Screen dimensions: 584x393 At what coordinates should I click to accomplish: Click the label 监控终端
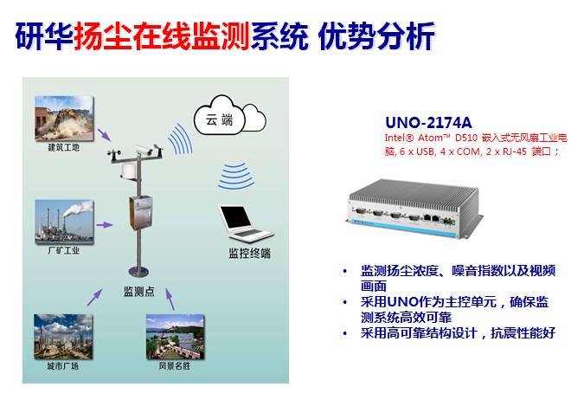click(249, 254)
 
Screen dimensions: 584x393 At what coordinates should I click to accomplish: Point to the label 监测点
click(139, 292)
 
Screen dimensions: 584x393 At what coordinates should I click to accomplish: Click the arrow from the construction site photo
click(104, 136)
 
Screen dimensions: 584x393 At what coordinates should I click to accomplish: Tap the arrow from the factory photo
click(104, 224)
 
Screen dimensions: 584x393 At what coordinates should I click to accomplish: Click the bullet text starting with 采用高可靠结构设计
click(458, 333)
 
